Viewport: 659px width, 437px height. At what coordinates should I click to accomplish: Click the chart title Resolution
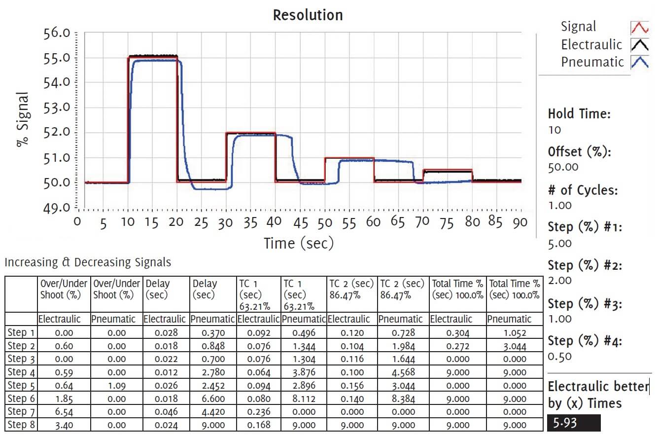tap(308, 15)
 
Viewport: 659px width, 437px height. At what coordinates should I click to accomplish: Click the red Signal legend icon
tap(639, 27)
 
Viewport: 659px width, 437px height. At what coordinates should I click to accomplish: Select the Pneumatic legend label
tap(592, 62)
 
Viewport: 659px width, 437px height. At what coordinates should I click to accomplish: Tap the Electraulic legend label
tap(591, 45)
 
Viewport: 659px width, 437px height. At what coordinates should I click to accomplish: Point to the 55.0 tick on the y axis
tap(58, 58)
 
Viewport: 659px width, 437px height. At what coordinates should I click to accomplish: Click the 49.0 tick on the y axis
tap(58, 207)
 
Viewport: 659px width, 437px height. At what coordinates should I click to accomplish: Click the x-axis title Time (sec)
tap(299, 243)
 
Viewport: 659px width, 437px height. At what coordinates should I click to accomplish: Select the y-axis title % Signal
tap(23, 120)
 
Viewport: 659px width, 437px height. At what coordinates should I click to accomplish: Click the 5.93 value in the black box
tap(565, 423)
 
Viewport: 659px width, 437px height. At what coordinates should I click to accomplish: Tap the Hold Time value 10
tap(554, 130)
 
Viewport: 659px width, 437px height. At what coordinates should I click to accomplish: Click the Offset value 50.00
tap(563, 167)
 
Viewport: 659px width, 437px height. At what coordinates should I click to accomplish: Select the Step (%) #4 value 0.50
tap(559, 357)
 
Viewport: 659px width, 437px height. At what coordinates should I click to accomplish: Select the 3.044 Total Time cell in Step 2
tap(515, 346)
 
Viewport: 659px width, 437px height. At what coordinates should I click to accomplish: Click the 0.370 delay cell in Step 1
tap(213, 333)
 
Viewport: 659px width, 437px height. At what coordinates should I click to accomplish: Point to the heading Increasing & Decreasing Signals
tap(88, 262)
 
